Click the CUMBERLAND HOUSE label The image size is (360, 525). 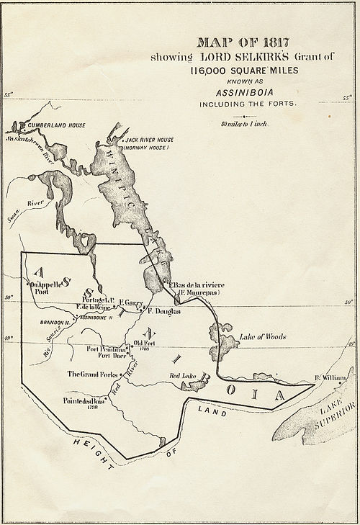57,125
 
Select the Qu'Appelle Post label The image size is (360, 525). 41,288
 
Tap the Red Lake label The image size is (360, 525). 182,376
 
